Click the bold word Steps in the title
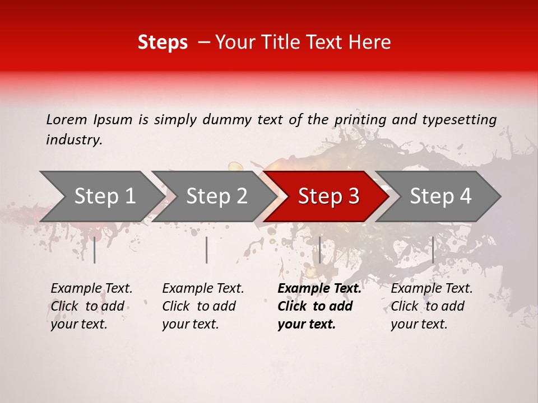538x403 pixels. tap(163, 43)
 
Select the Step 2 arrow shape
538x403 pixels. tap(216, 196)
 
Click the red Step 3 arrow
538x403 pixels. tap(328, 196)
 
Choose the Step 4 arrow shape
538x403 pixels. tap(440, 196)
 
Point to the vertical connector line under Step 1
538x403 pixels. tap(94, 250)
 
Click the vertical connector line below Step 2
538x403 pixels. tap(207, 250)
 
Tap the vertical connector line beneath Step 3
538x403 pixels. tap(319, 250)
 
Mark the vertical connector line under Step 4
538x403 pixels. tap(433, 250)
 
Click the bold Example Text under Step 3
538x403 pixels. tap(319, 289)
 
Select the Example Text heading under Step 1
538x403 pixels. tap(91, 289)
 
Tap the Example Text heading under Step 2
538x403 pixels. tap(203, 289)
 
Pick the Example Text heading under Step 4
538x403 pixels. tap(432, 289)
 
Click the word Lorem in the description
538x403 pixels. tap(67, 119)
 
